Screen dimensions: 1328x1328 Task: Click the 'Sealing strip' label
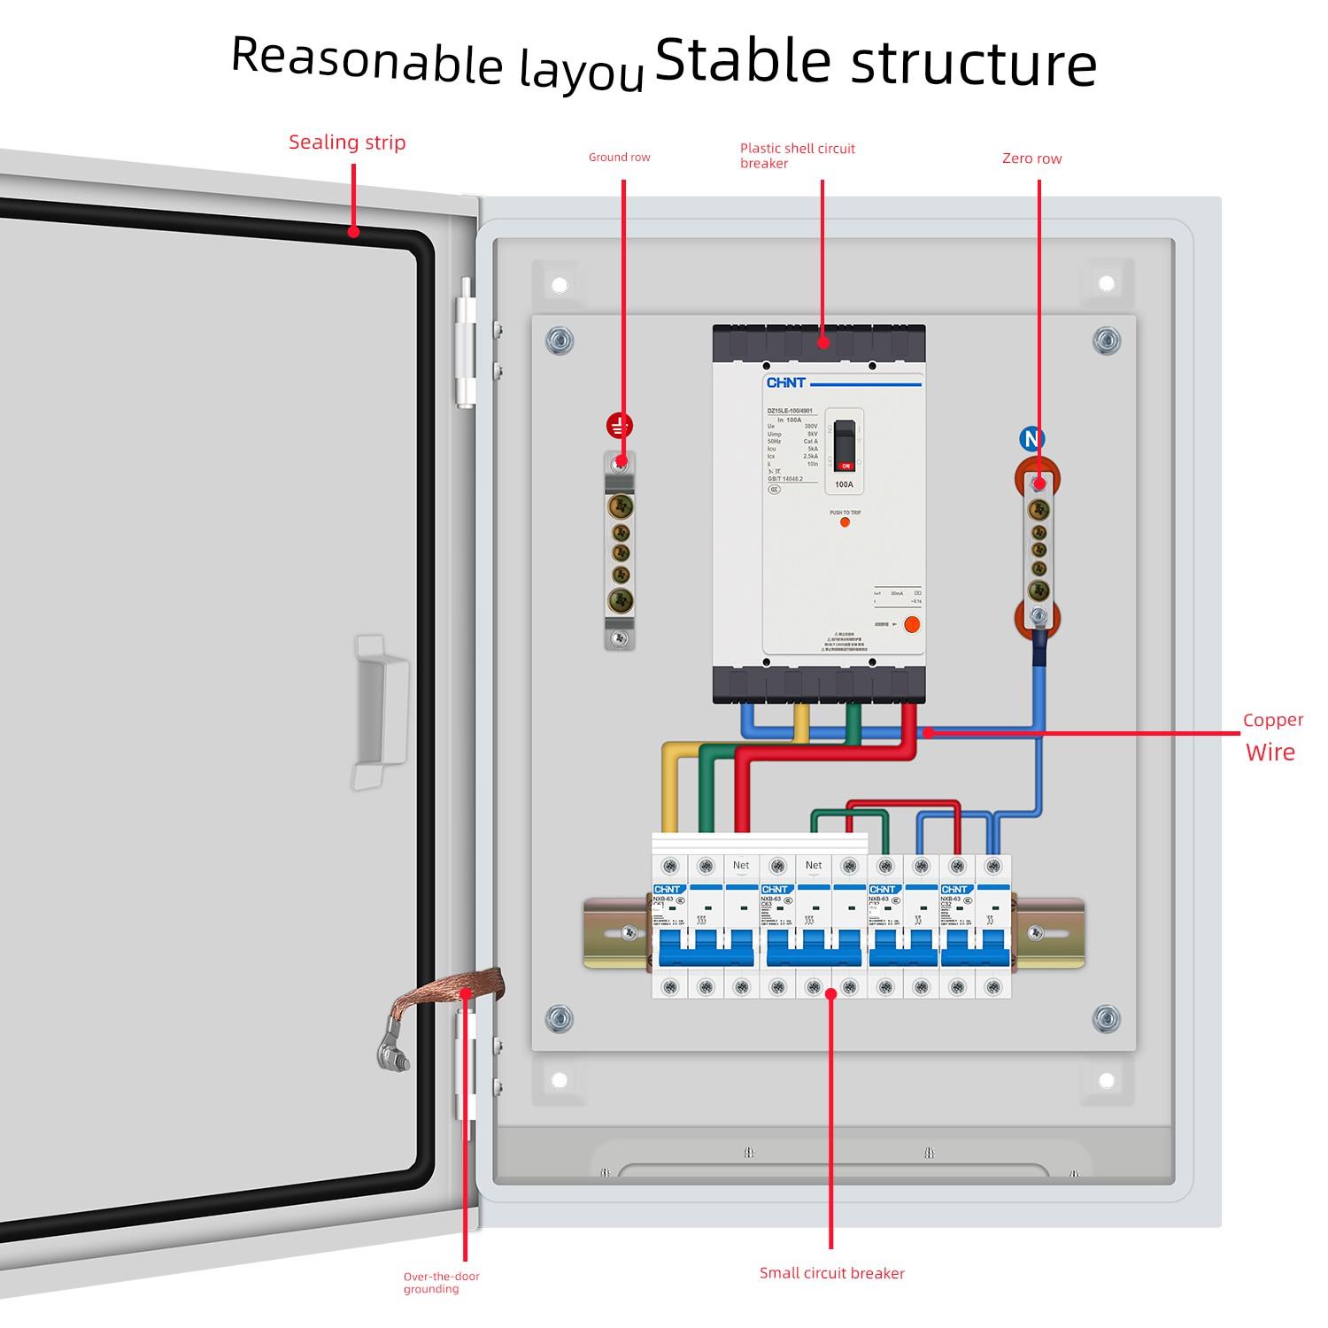pyautogui.click(x=347, y=143)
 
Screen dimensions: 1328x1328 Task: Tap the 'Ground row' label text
pyautogui.click(x=619, y=158)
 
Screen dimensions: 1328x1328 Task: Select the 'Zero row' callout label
pyautogui.click(x=1031, y=158)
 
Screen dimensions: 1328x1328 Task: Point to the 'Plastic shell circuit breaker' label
pyautogui.click(x=797, y=156)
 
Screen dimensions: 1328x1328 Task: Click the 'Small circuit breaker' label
pyautogui.click(x=831, y=1273)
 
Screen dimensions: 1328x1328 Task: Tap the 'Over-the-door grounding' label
pyautogui.click(x=442, y=1282)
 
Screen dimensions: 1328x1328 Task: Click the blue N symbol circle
pyautogui.click(x=1031, y=438)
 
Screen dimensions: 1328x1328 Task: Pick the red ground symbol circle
pyautogui.click(x=619, y=427)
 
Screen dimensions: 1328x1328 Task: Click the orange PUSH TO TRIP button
pyautogui.click(x=845, y=522)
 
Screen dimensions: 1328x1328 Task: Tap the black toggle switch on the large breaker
pyautogui.click(x=845, y=443)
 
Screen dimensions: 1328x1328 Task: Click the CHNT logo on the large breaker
pyautogui.click(x=785, y=383)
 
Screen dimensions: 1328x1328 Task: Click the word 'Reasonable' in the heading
pyautogui.click(x=367, y=60)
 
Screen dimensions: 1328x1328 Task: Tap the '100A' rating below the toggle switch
pyautogui.click(x=844, y=484)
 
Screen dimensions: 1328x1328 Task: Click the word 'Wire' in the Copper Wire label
pyautogui.click(x=1270, y=753)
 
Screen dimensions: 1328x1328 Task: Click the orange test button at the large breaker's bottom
pyautogui.click(x=912, y=624)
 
